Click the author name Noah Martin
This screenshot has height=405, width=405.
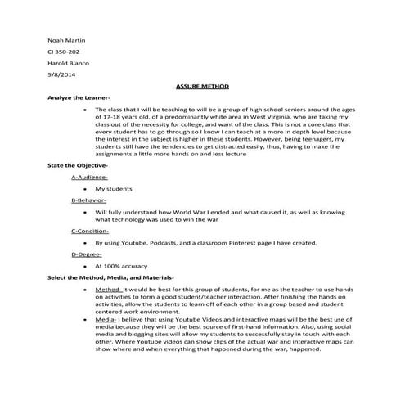(66, 39)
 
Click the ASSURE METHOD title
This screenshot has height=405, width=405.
(203, 86)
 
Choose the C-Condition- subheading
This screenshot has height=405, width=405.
(92, 232)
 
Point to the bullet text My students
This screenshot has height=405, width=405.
(115, 188)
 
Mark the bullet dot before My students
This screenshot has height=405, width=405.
(85, 188)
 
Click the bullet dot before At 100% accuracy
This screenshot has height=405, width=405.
(85, 266)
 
